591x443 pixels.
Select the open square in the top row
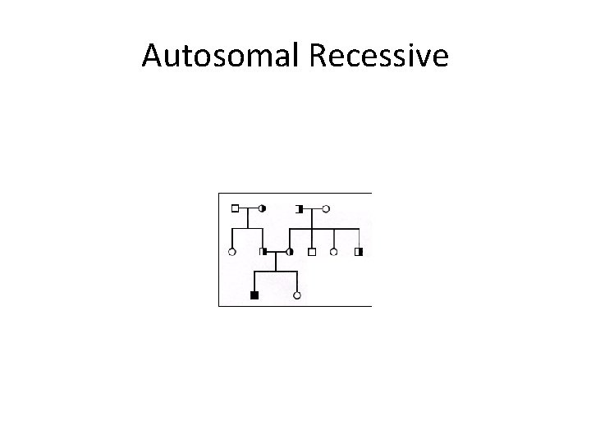click(x=235, y=208)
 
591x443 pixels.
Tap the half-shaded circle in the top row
click(x=262, y=208)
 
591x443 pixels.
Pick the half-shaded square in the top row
click(x=300, y=208)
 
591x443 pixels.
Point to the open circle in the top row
click(x=326, y=208)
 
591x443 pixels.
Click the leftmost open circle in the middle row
click(x=232, y=251)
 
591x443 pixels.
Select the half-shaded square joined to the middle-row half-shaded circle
click(x=263, y=251)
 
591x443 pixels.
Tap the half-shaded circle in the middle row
click(x=290, y=251)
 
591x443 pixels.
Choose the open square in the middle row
click(x=312, y=251)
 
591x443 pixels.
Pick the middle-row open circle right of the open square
click(x=333, y=251)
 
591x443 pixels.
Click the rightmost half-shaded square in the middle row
click(x=359, y=251)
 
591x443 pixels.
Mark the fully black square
click(x=254, y=295)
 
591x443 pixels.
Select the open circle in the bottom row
click(x=297, y=294)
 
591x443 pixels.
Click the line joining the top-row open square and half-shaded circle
click(x=248, y=208)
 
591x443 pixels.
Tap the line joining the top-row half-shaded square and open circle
click(x=313, y=208)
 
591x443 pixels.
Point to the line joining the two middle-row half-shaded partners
click(x=276, y=251)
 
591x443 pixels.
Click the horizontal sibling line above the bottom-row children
click(x=276, y=270)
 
